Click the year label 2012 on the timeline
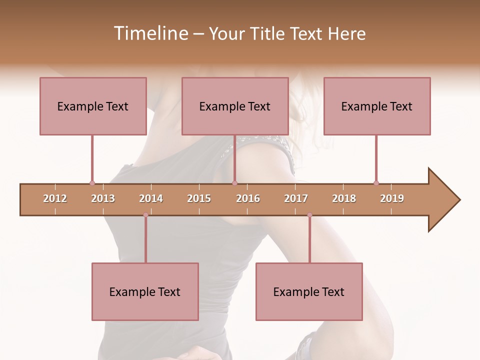coord(55,198)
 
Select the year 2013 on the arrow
coord(103,198)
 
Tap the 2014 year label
coord(151,198)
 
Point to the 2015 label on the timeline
coord(199,198)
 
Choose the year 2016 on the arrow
coord(248,198)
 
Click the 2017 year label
coord(296,198)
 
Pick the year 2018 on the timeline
coord(344,198)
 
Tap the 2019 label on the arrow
coord(392,198)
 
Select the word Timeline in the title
coord(149,33)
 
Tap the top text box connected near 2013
coord(93,106)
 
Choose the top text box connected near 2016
coord(235,106)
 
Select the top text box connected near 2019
coord(377,106)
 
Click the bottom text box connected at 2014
coord(145,291)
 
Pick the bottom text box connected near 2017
coord(309,291)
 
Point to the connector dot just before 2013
coord(92,183)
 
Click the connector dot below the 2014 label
coord(145,215)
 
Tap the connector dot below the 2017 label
coord(309,215)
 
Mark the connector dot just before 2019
coord(376,183)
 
